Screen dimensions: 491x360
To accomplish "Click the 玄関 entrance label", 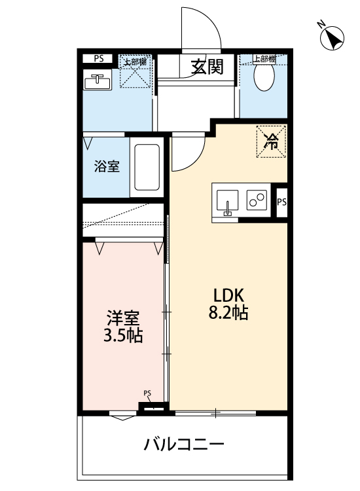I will (x=207, y=67).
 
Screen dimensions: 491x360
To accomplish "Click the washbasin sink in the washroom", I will (x=98, y=82).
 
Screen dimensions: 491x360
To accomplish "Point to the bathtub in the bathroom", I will (x=147, y=168).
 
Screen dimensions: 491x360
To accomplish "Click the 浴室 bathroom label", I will (x=107, y=166).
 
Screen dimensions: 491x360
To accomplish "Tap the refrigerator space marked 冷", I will (x=270, y=140).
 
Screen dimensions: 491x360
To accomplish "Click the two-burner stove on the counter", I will (x=256, y=200).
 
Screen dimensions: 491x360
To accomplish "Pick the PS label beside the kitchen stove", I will (x=281, y=202).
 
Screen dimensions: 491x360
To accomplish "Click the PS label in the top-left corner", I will (x=98, y=58).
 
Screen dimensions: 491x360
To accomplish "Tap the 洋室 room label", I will (x=123, y=319).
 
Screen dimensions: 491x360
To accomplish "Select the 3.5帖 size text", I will (x=123, y=337).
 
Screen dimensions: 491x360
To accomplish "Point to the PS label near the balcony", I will (x=147, y=393).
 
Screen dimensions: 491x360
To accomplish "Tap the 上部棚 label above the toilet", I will (x=264, y=59).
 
